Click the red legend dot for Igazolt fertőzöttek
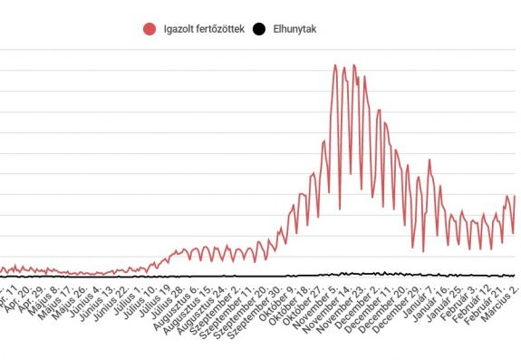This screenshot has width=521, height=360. point(150,29)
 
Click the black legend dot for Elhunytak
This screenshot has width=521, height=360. point(258,29)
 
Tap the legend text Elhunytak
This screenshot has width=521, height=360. point(295,29)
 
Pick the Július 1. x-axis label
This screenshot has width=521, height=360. point(130,297)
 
